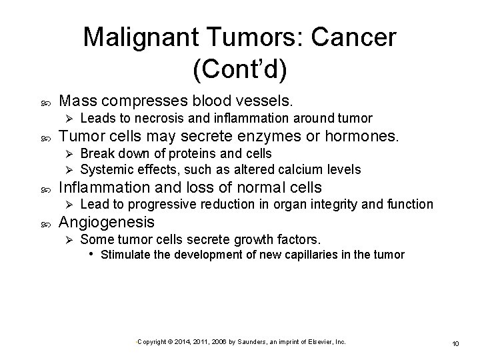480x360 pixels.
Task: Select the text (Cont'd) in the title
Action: point(240,69)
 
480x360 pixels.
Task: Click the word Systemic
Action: point(107,169)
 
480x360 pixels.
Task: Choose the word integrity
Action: point(339,204)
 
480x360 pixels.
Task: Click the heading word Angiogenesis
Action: point(107,222)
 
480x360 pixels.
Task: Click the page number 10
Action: point(456,343)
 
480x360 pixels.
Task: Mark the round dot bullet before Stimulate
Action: point(92,255)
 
